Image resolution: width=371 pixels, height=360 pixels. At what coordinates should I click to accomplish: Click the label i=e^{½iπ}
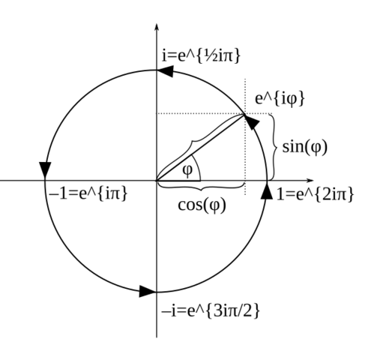click(201, 56)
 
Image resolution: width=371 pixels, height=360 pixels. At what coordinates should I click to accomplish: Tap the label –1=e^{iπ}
click(88, 193)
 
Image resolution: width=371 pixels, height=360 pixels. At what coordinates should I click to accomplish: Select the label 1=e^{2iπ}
click(315, 194)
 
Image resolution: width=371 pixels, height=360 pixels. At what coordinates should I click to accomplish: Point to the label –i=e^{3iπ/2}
click(211, 311)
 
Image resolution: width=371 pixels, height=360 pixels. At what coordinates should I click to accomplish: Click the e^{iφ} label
click(280, 99)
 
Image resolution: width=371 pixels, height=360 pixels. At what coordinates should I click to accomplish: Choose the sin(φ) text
click(304, 147)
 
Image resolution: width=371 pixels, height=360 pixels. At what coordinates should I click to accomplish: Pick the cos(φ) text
click(202, 205)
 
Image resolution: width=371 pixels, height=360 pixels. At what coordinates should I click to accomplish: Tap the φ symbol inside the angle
click(187, 170)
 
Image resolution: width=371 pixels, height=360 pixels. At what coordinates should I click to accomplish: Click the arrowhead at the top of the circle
click(166, 71)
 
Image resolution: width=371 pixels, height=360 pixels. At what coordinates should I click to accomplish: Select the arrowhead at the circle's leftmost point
click(45, 170)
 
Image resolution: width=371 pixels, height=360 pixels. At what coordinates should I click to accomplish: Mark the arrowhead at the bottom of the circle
click(148, 292)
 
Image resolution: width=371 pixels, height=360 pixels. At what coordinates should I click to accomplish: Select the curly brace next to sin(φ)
click(274, 147)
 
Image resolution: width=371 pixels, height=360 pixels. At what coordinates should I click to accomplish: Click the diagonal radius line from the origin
click(200, 147)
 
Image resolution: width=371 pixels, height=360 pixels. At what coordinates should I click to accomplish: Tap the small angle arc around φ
click(198, 166)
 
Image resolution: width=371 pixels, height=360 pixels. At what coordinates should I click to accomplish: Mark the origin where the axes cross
click(157, 180)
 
